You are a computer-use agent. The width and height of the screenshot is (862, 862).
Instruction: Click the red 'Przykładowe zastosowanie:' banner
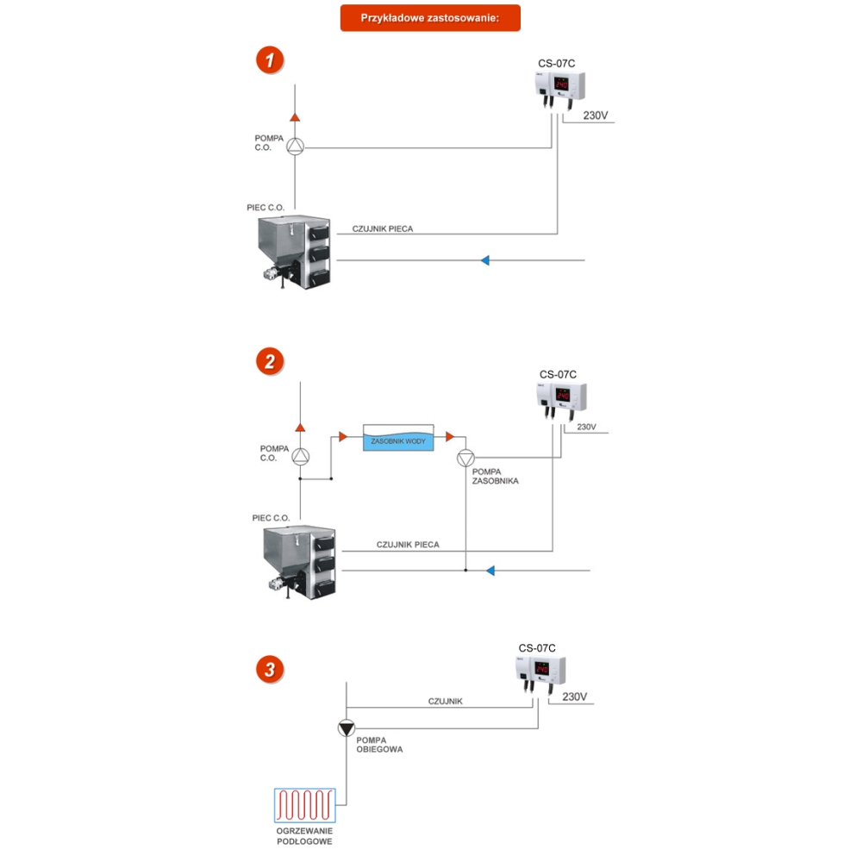[x=430, y=18]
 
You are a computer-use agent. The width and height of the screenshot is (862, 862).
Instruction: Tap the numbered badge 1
[x=270, y=60]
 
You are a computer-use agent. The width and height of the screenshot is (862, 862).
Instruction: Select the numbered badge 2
[x=270, y=361]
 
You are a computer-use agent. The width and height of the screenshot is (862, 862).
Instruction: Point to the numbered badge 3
[x=270, y=669]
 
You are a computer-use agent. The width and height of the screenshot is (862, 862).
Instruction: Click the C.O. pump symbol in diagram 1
[x=295, y=147]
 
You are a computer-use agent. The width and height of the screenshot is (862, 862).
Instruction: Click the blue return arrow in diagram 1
[x=485, y=259]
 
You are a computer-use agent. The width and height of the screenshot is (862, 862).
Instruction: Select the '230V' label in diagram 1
[x=596, y=116]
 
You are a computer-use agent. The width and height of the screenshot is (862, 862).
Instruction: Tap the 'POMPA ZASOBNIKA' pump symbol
[x=465, y=456]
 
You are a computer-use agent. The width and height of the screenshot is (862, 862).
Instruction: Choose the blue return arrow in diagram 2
[x=490, y=570]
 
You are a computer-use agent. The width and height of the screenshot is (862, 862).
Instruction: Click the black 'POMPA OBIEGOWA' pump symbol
[x=346, y=728]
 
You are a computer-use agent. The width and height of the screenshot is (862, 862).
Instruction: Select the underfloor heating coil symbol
[x=303, y=806]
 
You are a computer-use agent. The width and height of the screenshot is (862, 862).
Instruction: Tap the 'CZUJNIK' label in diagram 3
[x=445, y=701]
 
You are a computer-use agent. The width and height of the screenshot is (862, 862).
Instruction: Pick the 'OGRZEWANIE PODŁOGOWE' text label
[x=303, y=835]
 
